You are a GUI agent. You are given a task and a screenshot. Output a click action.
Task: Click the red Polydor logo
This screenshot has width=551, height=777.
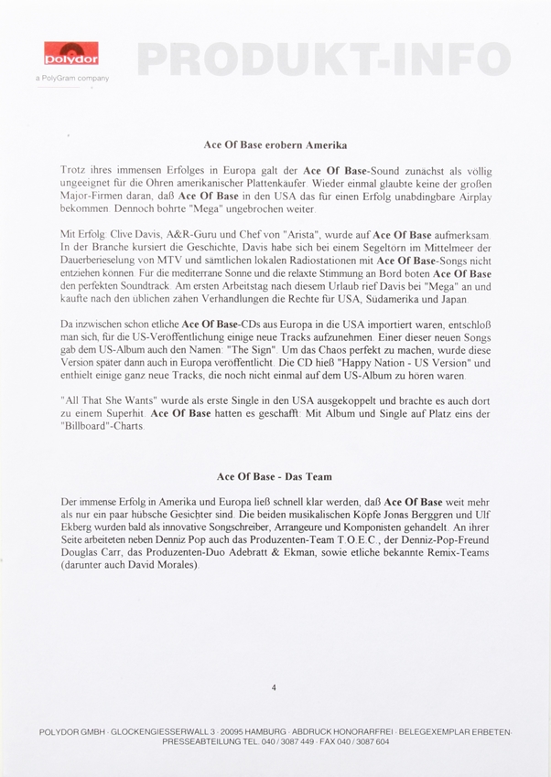point(71,54)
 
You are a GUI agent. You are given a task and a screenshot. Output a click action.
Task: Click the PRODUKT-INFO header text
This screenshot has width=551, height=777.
point(323,59)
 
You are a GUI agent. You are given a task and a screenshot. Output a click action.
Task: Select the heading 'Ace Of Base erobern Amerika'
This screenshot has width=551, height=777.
point(275,144)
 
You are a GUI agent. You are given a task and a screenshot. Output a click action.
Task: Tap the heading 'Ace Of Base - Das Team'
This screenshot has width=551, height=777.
point(274,477)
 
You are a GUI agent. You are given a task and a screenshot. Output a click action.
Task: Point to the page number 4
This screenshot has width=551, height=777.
point(274,687)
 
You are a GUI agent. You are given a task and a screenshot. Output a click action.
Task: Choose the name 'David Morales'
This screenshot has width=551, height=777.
point(167,567)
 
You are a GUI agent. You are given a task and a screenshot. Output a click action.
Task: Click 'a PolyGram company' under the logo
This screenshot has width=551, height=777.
point(71,79)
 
